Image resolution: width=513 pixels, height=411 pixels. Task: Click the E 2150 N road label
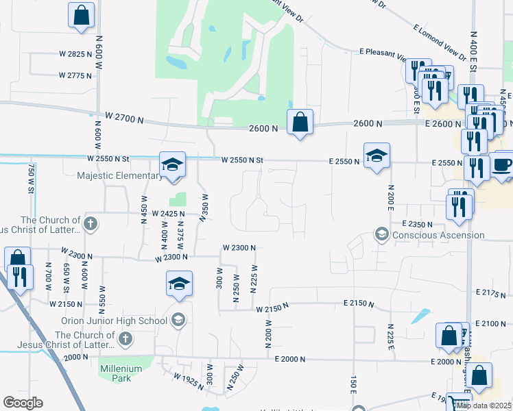[359, 303]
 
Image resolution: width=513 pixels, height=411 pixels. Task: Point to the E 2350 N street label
[418, 224]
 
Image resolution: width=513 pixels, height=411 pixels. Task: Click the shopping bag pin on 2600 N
[300, 123]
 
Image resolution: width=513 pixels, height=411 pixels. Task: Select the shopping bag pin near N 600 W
[81, 15]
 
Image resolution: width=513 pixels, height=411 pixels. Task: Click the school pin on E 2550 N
[377, 156]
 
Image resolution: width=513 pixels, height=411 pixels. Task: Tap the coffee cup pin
[501, 165]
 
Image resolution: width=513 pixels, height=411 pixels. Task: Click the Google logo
[23, 403]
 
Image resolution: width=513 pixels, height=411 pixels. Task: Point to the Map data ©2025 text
[484, 406]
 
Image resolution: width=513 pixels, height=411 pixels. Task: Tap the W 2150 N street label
[67, 303]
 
